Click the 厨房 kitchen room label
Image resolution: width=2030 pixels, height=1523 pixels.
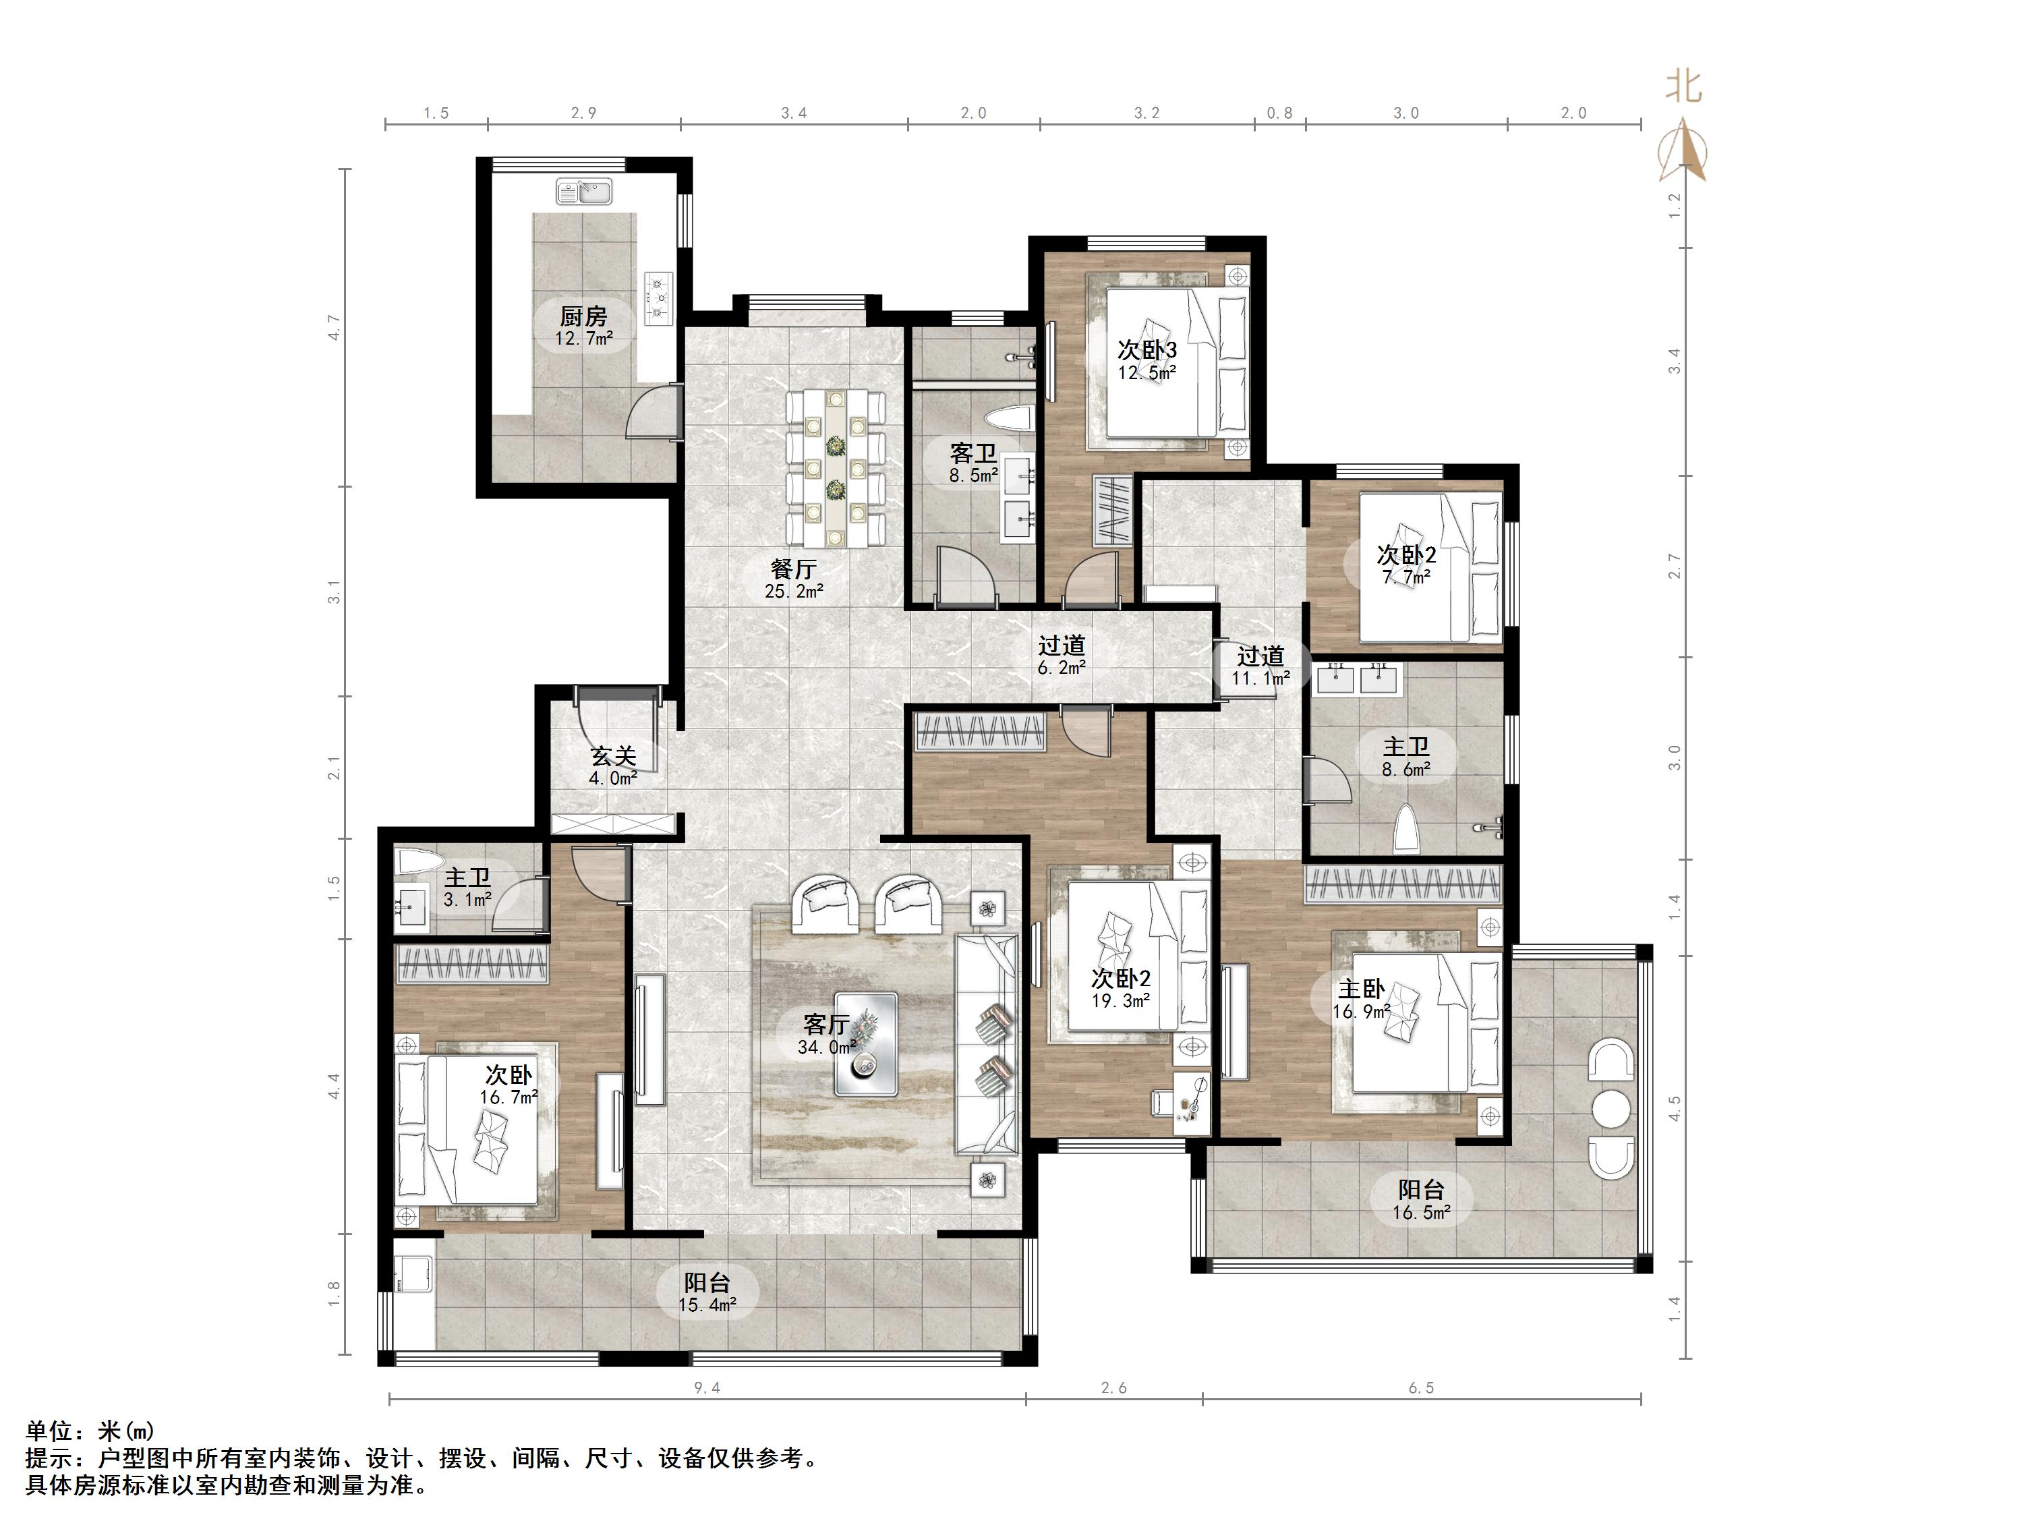(x=583, y=317)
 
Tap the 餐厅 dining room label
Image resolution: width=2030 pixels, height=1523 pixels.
(x=794, y=569)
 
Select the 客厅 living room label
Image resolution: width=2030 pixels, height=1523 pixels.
(x=826, y=1024)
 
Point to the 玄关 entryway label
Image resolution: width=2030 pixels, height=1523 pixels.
(x=613, y=757)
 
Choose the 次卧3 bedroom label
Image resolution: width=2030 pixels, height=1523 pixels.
(x=1147, y=350)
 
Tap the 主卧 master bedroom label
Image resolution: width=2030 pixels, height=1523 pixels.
(x=1361, y=989)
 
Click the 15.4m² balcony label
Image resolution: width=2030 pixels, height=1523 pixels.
(x=707, y=1304)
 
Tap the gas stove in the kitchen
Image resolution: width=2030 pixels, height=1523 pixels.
(x=658, y=297)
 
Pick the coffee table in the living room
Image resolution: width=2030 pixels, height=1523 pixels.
(x=865, y=1043)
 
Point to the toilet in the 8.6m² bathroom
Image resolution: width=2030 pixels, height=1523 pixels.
(x=1406, y=830)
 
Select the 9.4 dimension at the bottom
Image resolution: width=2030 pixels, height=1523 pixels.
(x=707, y=1388)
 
